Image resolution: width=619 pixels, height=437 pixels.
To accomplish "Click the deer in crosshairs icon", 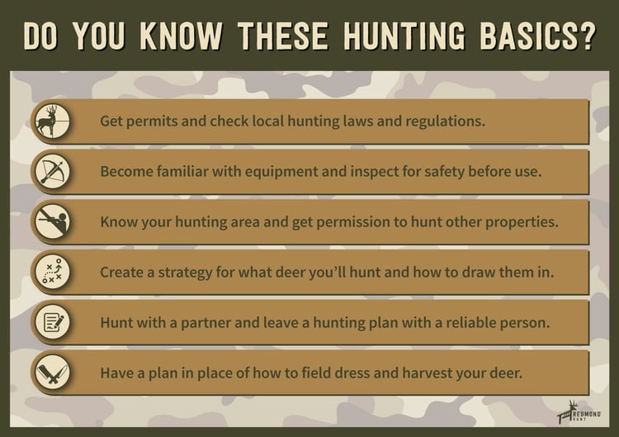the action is (x=53, y=121).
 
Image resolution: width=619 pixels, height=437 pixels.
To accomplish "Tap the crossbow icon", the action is (x=53, y=172).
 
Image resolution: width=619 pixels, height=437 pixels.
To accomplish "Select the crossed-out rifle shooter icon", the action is (x=53, y=221).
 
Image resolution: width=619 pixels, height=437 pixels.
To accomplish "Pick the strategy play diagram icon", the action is (x=53, y=273).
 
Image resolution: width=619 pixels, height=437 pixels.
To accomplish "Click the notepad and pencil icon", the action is (x=53, y=322).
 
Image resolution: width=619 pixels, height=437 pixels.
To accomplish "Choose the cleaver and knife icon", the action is (x=53, y=373).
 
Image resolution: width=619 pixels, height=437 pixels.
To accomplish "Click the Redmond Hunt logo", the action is (x=579, y=412).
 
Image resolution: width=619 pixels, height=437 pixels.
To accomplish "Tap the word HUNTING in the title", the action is (x=404, y=36).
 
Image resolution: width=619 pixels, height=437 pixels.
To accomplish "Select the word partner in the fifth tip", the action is (x=206, y=323).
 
